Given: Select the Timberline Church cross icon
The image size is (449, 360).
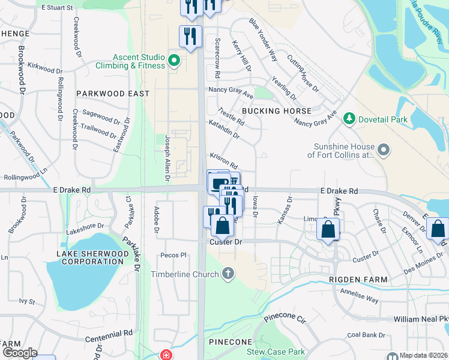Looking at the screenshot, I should (x=228, y=274).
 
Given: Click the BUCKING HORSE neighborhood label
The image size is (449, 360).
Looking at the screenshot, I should (x=277, y=111).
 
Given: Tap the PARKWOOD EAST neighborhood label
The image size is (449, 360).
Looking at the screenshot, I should (x=113, y=94).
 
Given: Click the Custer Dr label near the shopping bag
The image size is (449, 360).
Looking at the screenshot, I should (x=225, y=242).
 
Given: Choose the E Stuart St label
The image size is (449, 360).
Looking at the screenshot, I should (x=57, y=8).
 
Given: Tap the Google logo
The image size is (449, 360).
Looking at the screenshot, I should (x=20, y=353).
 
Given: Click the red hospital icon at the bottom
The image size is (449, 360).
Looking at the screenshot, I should (x=165, y=355).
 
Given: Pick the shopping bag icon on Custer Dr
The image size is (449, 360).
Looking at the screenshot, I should (x=222, y=226).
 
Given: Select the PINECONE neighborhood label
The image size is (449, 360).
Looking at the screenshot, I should (x=231, y=342).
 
